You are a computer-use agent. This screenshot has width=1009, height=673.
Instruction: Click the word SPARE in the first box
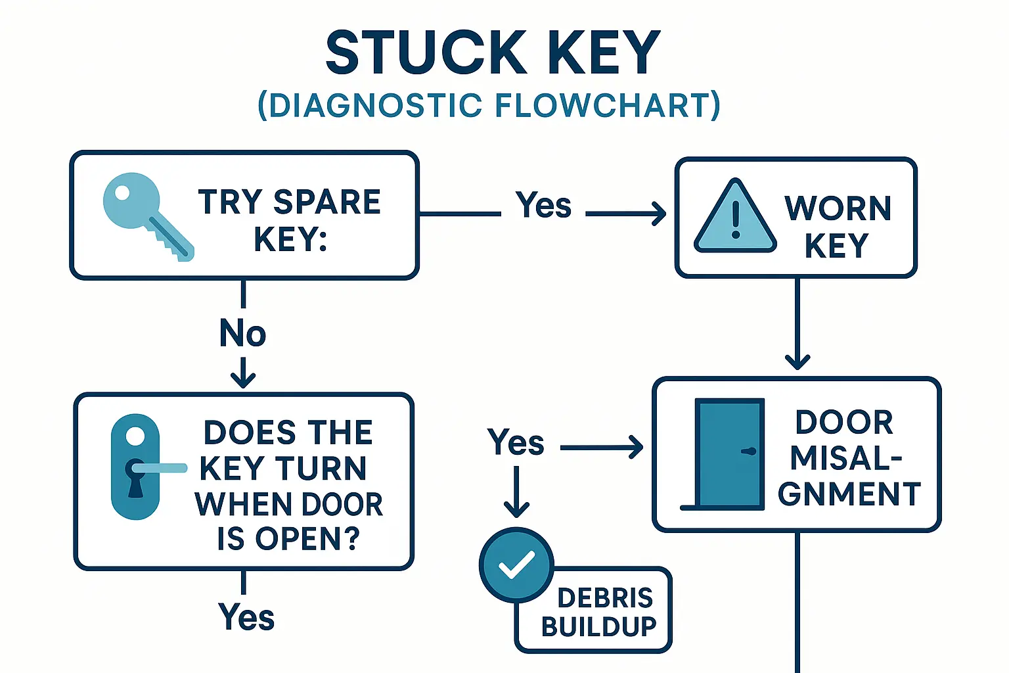326,202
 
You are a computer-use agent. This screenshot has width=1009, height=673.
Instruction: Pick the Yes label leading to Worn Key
543,205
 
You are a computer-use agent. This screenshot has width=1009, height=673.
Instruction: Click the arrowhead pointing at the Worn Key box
659,214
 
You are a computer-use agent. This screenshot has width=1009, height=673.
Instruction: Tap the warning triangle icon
735,217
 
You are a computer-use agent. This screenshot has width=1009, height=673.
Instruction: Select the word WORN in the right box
838,209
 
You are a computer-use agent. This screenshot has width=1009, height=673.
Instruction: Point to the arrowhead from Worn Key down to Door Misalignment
797,361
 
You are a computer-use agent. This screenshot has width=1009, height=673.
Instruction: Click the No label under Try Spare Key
242,333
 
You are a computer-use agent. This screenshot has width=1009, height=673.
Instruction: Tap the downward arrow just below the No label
243,375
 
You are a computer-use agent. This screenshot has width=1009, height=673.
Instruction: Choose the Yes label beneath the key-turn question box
246,617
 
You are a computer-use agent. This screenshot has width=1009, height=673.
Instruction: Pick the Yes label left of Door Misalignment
516,442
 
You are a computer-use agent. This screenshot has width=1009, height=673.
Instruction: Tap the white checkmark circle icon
516,564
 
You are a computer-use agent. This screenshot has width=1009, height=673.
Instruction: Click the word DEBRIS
604,598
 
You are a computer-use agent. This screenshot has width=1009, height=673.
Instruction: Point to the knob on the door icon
748,452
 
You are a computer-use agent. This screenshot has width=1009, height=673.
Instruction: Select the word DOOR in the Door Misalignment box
844,423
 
